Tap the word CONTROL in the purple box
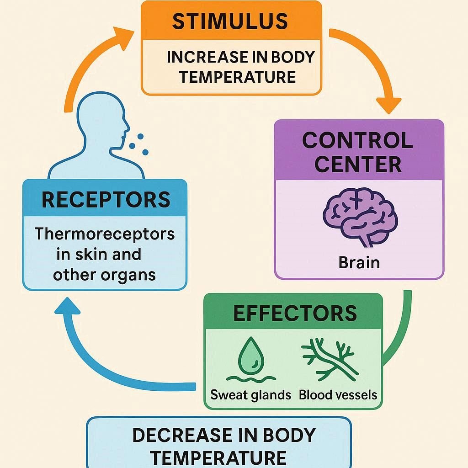pos(358,141)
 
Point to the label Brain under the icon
pos(359,263)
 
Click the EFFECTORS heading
pos(295,313)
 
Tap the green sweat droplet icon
pos(249,355)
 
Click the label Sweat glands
pos(251,394)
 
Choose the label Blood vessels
pos(338,394)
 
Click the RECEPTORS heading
pos(106,200)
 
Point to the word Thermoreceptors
pos(105,234)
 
